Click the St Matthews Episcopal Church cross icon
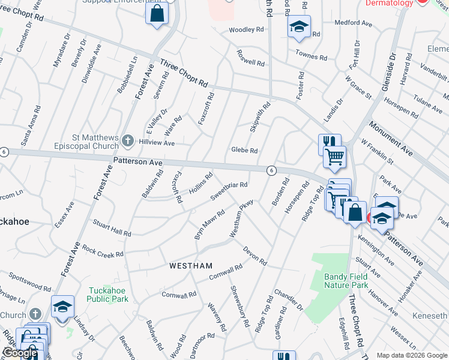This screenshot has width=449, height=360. point(127,141)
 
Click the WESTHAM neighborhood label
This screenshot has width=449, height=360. point(191,265)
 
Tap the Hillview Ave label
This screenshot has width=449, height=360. point(156,143)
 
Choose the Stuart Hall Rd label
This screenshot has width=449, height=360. point(112,228)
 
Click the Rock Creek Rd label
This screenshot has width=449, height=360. point(103,251)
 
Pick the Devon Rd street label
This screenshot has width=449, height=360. point(255,255)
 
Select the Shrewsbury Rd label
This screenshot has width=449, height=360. point(240,305)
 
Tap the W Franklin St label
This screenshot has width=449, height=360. point(377,152)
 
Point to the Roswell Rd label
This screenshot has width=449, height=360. point(250,62)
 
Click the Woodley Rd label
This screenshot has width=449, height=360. point(246,29)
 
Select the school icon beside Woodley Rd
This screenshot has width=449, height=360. point(299,26)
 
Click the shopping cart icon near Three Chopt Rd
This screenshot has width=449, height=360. point(335,157)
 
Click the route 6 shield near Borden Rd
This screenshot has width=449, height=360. point(271,170)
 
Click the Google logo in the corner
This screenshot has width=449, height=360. point(20,353)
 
